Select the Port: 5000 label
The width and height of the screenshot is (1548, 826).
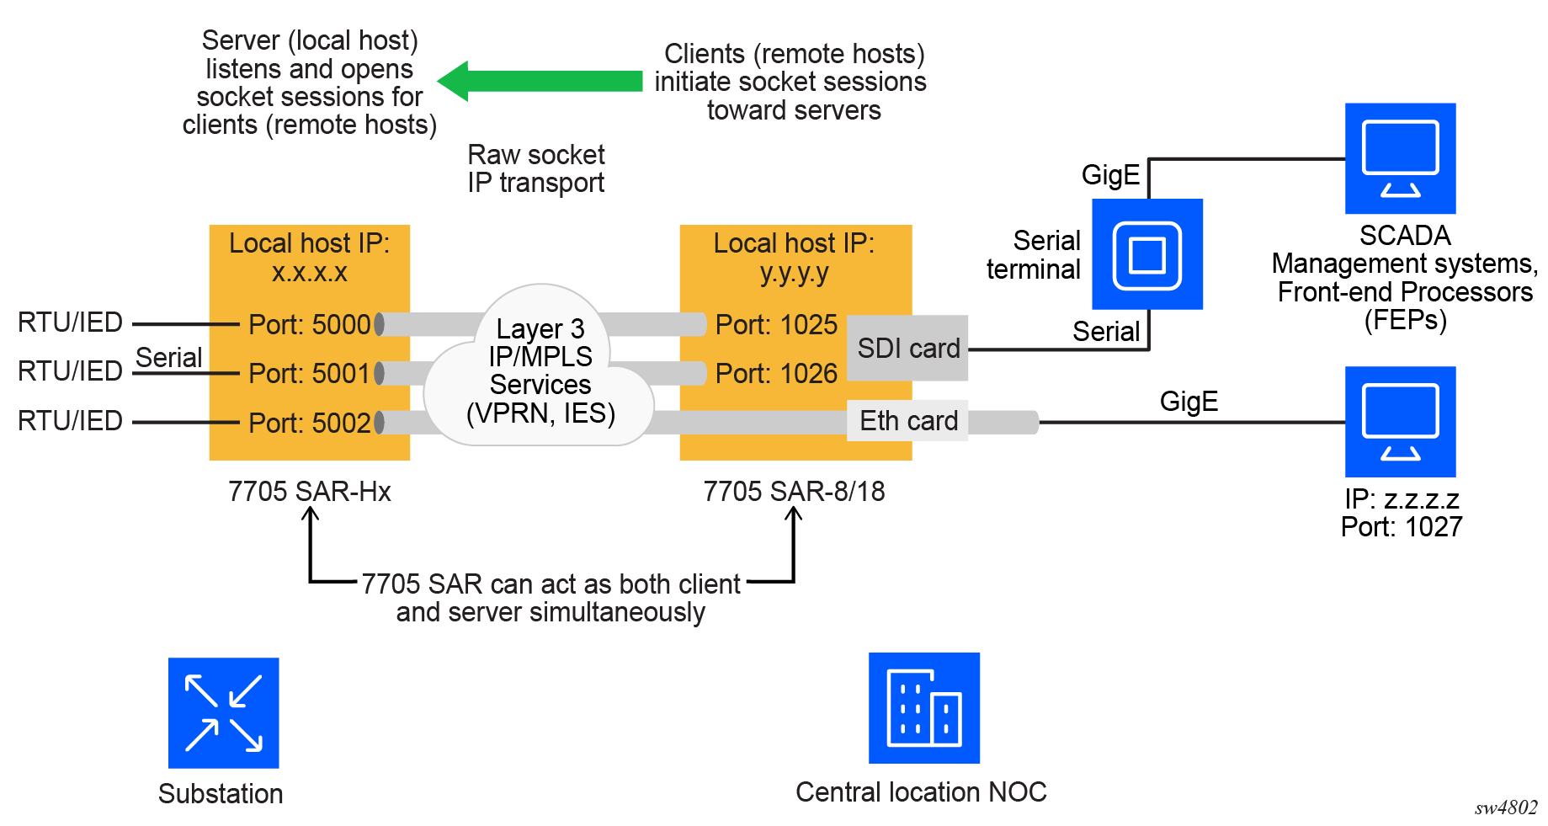(x=309, y=324)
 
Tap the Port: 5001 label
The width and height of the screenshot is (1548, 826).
(x=309, y=373)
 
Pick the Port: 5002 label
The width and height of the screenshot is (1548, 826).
(x=309, y=423)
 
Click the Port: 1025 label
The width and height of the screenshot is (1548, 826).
(x=776, y=324)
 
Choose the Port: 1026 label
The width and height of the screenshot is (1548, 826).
(x=776, y=373)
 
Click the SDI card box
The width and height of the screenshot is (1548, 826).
(x=907, y=348)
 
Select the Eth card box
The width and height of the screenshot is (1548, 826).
(x=907, y=420)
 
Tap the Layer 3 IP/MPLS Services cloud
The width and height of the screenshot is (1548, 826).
(x=540, y=370)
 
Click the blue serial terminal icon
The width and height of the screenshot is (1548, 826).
(x=1146, y=254)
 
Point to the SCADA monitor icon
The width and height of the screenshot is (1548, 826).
(x=1400, y=158)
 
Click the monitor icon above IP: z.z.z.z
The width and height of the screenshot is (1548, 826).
(x=1400, y=421)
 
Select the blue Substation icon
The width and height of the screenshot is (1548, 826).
(x=223, y=712)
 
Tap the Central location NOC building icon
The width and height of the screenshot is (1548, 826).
(x=923, y=707)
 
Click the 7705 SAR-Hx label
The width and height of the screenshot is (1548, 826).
(x=309, y=491)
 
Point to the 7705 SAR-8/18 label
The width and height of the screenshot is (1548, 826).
(x=794, y=491)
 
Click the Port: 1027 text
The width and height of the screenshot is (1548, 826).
(x=1401, y=527)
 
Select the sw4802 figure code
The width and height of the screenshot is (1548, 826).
(x=1505, y=807)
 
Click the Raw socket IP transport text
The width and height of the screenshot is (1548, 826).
(x=536, y=168)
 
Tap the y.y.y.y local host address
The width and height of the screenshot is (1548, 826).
(x=794, y=272)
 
